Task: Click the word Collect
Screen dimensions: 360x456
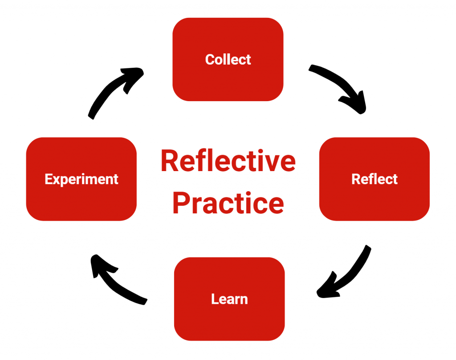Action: point(228,59)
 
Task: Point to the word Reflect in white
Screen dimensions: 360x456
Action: point(375,179)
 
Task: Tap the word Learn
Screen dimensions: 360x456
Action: point(229,299)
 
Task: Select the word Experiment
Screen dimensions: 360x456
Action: point(81,179)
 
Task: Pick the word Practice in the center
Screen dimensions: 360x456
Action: point(228,203)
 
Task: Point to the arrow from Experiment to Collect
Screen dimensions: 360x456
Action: point(111,91)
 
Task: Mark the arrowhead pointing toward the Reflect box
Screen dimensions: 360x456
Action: point(356,105)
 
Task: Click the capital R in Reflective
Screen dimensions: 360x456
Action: point(170,161)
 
